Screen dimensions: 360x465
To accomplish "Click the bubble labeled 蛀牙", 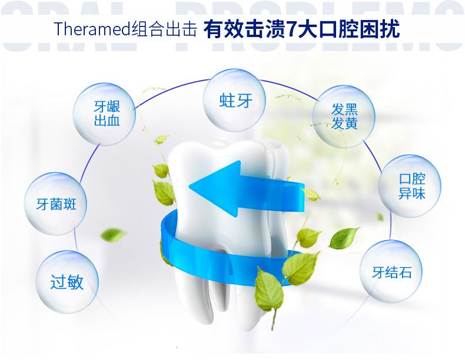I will (x=235, y=100).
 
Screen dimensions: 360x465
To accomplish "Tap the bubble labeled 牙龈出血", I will (x=107, y=114).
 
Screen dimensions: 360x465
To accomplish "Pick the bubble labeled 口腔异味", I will (x=411, y=186).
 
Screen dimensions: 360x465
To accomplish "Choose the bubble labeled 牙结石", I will (x=391, y=272).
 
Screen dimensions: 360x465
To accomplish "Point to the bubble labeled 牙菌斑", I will (x=57, y=204).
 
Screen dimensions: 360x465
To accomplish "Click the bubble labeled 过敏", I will (x=67, y=282).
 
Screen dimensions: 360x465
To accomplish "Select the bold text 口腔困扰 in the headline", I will (x=350, y=29).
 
